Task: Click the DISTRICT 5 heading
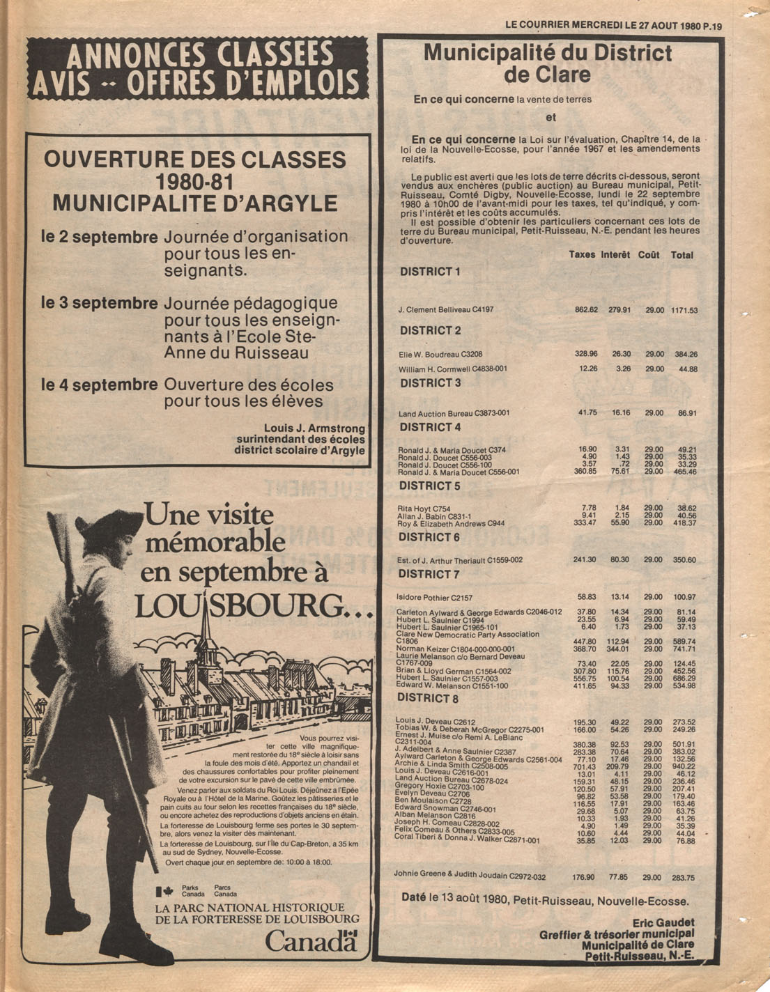[x=430, y=486]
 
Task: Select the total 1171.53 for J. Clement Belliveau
[x=684, y=310]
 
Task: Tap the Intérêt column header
[x=615, y=255]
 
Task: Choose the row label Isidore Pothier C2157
[x=434, y=597]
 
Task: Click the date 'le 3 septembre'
[x=100, y=303]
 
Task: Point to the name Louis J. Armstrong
[x=314, y=428]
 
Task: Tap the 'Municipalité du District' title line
[x=548, y=53]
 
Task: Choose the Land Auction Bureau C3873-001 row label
[x=454, y=413]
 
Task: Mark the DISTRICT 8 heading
[x=428, y=698]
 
